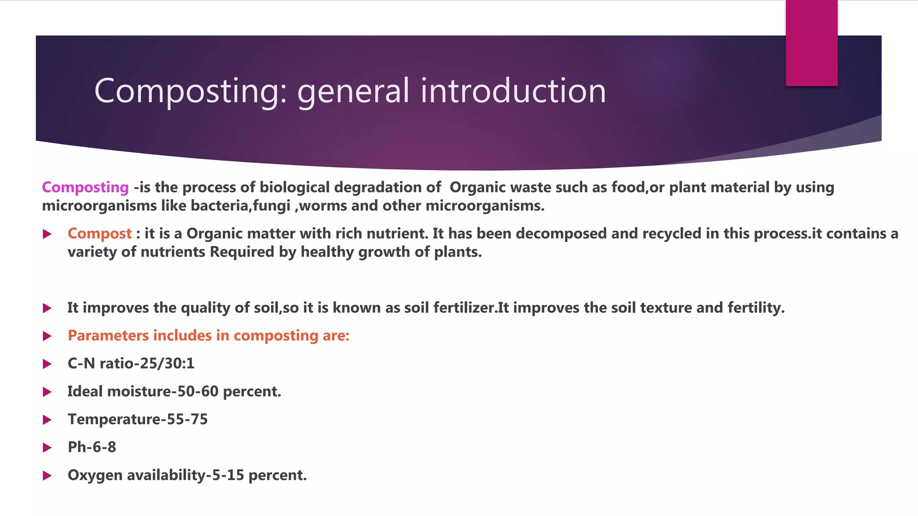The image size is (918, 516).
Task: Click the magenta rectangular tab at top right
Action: tap(811, 43)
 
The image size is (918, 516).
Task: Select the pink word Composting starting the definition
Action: tap(85, 187)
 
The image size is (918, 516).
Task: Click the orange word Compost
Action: tap(100, 233)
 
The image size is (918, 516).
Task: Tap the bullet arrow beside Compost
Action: tap(47, 234)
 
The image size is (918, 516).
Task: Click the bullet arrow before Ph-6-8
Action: tap(47, 447)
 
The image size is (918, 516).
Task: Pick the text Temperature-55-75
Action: tap(138, 419)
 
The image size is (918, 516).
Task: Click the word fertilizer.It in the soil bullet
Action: tap(471, 308)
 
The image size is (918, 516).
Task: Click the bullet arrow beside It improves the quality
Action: tap(47, 308)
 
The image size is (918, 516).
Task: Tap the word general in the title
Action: tap(353, 91)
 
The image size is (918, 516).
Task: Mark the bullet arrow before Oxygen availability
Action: tap(47, 476)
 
